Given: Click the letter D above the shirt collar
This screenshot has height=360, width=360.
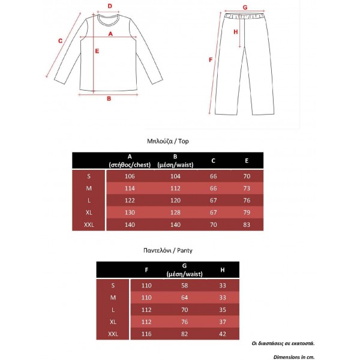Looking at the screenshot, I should [x=110, y=7].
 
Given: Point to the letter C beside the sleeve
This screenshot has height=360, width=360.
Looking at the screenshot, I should [x=60, y=41].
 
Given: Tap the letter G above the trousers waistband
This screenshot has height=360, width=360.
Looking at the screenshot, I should [x=245, y=8].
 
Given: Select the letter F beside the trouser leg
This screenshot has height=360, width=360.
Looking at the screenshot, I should [x=210, y=60].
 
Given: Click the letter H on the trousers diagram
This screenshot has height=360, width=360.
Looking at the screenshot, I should [x=236, y=32].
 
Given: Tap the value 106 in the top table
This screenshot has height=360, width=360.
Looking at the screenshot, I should [x=130, y=176].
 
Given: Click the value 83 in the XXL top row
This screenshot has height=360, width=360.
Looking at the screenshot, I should [x=247, y=224].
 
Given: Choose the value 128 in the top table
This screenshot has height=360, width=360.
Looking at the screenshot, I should [x=175, y=212].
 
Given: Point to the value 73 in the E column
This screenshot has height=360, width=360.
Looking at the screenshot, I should [x=247, y=188].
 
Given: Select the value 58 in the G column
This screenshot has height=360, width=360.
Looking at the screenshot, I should [x=185, y=286].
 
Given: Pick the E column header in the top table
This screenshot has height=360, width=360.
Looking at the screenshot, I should [x=247, y=161].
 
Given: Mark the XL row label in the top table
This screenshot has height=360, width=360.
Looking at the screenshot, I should [x=89, y=212].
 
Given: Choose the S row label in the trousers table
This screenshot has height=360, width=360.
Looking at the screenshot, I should [x=113, y=286].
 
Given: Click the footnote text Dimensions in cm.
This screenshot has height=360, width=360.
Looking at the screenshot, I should [x=294, y=356].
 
